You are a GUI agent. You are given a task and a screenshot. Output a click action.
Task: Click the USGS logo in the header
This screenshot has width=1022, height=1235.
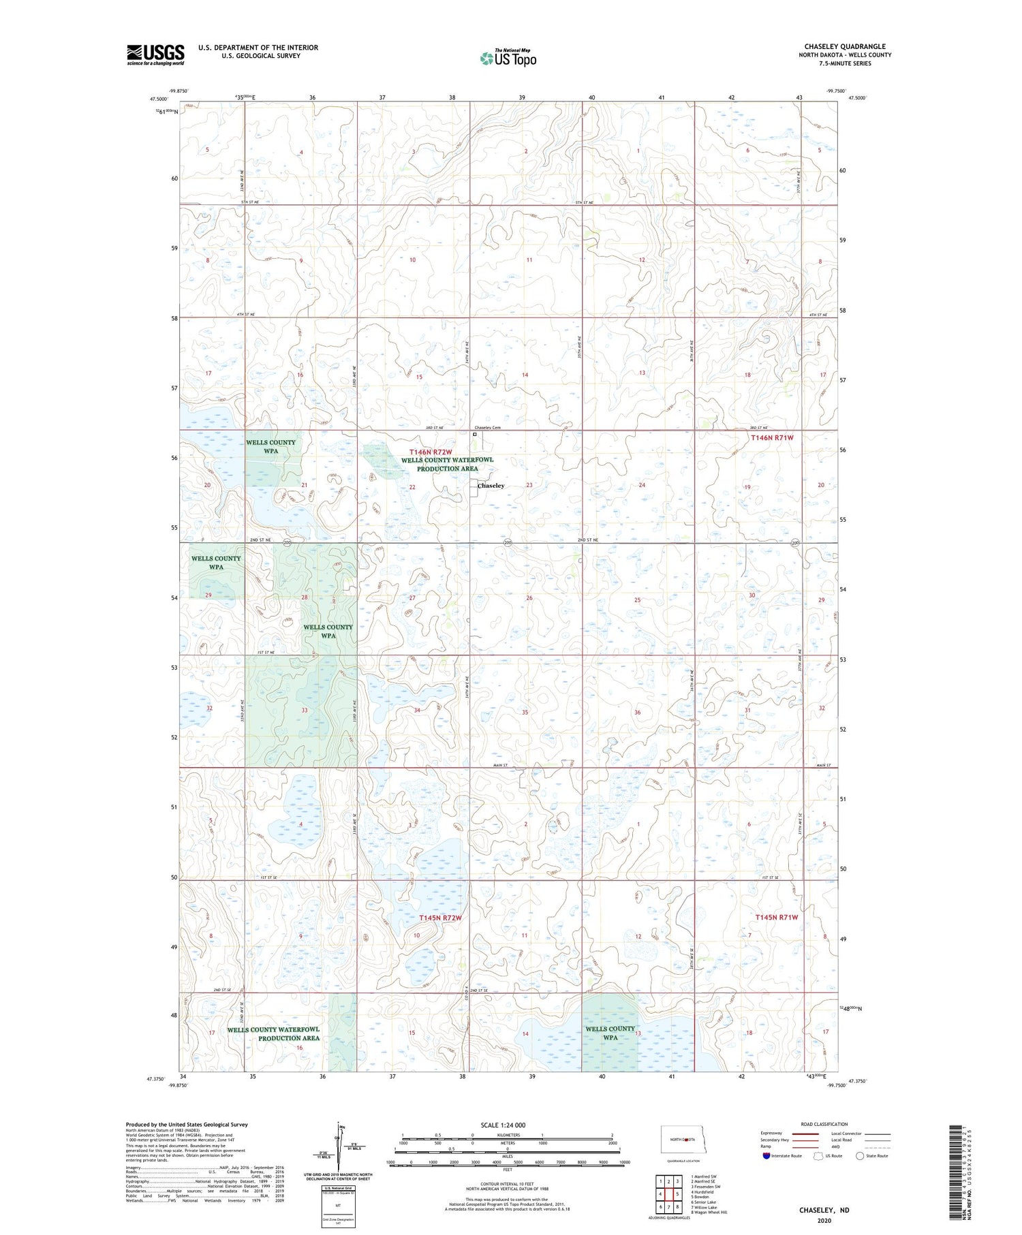155,54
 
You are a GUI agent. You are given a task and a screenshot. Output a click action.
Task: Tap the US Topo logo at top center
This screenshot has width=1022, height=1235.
508,59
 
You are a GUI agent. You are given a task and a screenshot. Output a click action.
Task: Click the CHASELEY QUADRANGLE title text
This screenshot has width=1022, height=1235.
844,46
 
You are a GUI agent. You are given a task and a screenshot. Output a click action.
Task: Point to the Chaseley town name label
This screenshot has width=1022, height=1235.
491,486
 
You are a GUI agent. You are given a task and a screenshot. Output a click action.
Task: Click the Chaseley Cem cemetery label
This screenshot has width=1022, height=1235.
487,428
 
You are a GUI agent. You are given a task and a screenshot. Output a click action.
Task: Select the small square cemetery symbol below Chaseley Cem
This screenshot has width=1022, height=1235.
475,434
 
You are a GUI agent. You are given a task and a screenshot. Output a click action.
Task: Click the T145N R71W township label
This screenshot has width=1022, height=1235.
776,917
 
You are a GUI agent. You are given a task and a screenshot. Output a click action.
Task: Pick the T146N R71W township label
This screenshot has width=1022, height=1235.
773,438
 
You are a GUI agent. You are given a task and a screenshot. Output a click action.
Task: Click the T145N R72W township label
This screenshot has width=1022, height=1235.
440,918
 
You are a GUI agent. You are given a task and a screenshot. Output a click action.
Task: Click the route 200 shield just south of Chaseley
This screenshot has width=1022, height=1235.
508,542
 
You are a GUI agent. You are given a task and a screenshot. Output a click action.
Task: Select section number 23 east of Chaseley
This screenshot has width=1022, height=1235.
529,485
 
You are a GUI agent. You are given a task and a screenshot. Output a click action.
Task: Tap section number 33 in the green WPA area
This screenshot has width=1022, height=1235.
305,710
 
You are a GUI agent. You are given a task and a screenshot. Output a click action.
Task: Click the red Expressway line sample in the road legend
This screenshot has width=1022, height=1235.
809,1133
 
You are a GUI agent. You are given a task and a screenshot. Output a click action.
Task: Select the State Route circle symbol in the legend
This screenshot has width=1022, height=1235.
860,1155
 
